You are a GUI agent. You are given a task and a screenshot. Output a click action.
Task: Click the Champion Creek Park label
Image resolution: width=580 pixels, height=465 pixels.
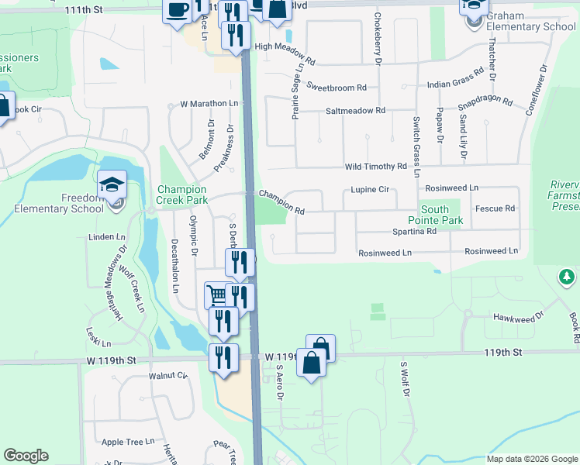pyautogui.click(x=182, y=195)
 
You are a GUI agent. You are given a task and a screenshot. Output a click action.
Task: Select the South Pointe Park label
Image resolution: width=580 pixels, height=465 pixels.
pyautogui.click(x=441, y=215)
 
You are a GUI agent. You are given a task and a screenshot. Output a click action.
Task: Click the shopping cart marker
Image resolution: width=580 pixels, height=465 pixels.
pyautogui.click(x=217, y=294)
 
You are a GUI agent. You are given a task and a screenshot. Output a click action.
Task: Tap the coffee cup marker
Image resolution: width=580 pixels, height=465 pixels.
pyautogui.click(x=177, y=10)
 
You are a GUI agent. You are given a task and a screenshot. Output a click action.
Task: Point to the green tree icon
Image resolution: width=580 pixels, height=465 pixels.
pyautogui.click(x=567, y=277)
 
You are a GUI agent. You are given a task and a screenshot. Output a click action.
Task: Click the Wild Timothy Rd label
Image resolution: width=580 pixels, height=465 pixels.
pyautogui.click(x=376, y=167)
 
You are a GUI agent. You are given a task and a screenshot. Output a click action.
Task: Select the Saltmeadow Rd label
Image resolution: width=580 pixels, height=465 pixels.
pyautogui.click(x=355, y=111)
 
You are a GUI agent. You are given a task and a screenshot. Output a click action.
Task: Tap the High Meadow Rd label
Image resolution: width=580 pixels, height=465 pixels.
pyautogui.click(x=285, y=60)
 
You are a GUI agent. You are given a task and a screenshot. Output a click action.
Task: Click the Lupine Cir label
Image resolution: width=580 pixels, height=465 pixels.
pyautogui.click(x=369, y=189)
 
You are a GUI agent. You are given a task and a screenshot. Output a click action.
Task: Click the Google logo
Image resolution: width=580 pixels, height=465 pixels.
pyautogui.click(x=26, y=456)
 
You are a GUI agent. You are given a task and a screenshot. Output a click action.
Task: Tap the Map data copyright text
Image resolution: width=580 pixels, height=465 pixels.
pyautogui.click(x=531, y=459)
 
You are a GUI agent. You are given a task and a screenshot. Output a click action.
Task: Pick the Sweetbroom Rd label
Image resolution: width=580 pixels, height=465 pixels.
pyautogui.click(x=337, y=88)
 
